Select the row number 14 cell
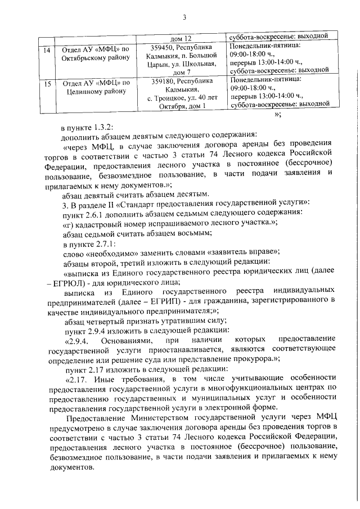[48, 49]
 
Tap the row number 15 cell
[48, 83]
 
